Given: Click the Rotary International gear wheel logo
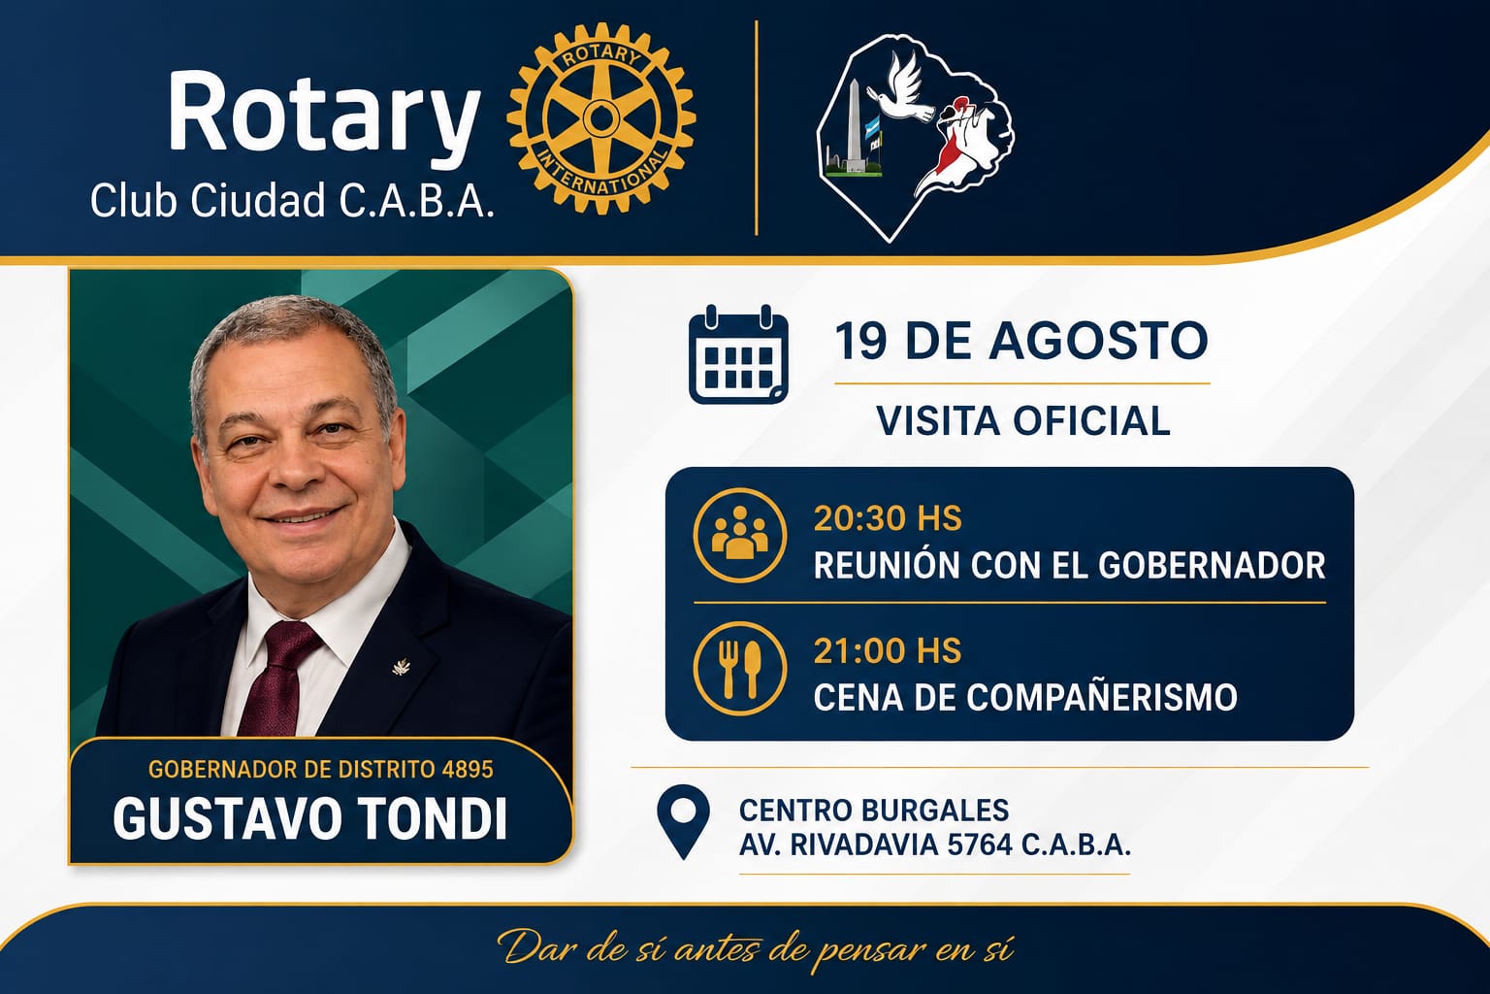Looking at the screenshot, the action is (601, 118).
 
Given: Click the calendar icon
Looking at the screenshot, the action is (738, 354).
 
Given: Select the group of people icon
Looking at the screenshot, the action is (740, 535).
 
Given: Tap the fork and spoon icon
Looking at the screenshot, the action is (740, 668).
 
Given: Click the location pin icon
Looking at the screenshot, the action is (683, 821).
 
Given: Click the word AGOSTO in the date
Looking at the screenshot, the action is (1098, 341).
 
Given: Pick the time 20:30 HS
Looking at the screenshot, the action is (888, 518).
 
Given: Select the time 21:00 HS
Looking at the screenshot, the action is (888, 651).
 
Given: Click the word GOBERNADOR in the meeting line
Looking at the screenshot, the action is (1212, 565).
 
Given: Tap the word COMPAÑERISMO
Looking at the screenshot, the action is (1102, 697).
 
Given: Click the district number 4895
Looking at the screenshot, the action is (468, 770).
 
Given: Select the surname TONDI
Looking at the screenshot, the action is (433, 818).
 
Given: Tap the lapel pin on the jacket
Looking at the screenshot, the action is (401, 667).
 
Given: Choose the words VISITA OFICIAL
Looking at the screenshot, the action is (1023, 420).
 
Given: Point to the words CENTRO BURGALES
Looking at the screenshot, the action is (874, 811).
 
